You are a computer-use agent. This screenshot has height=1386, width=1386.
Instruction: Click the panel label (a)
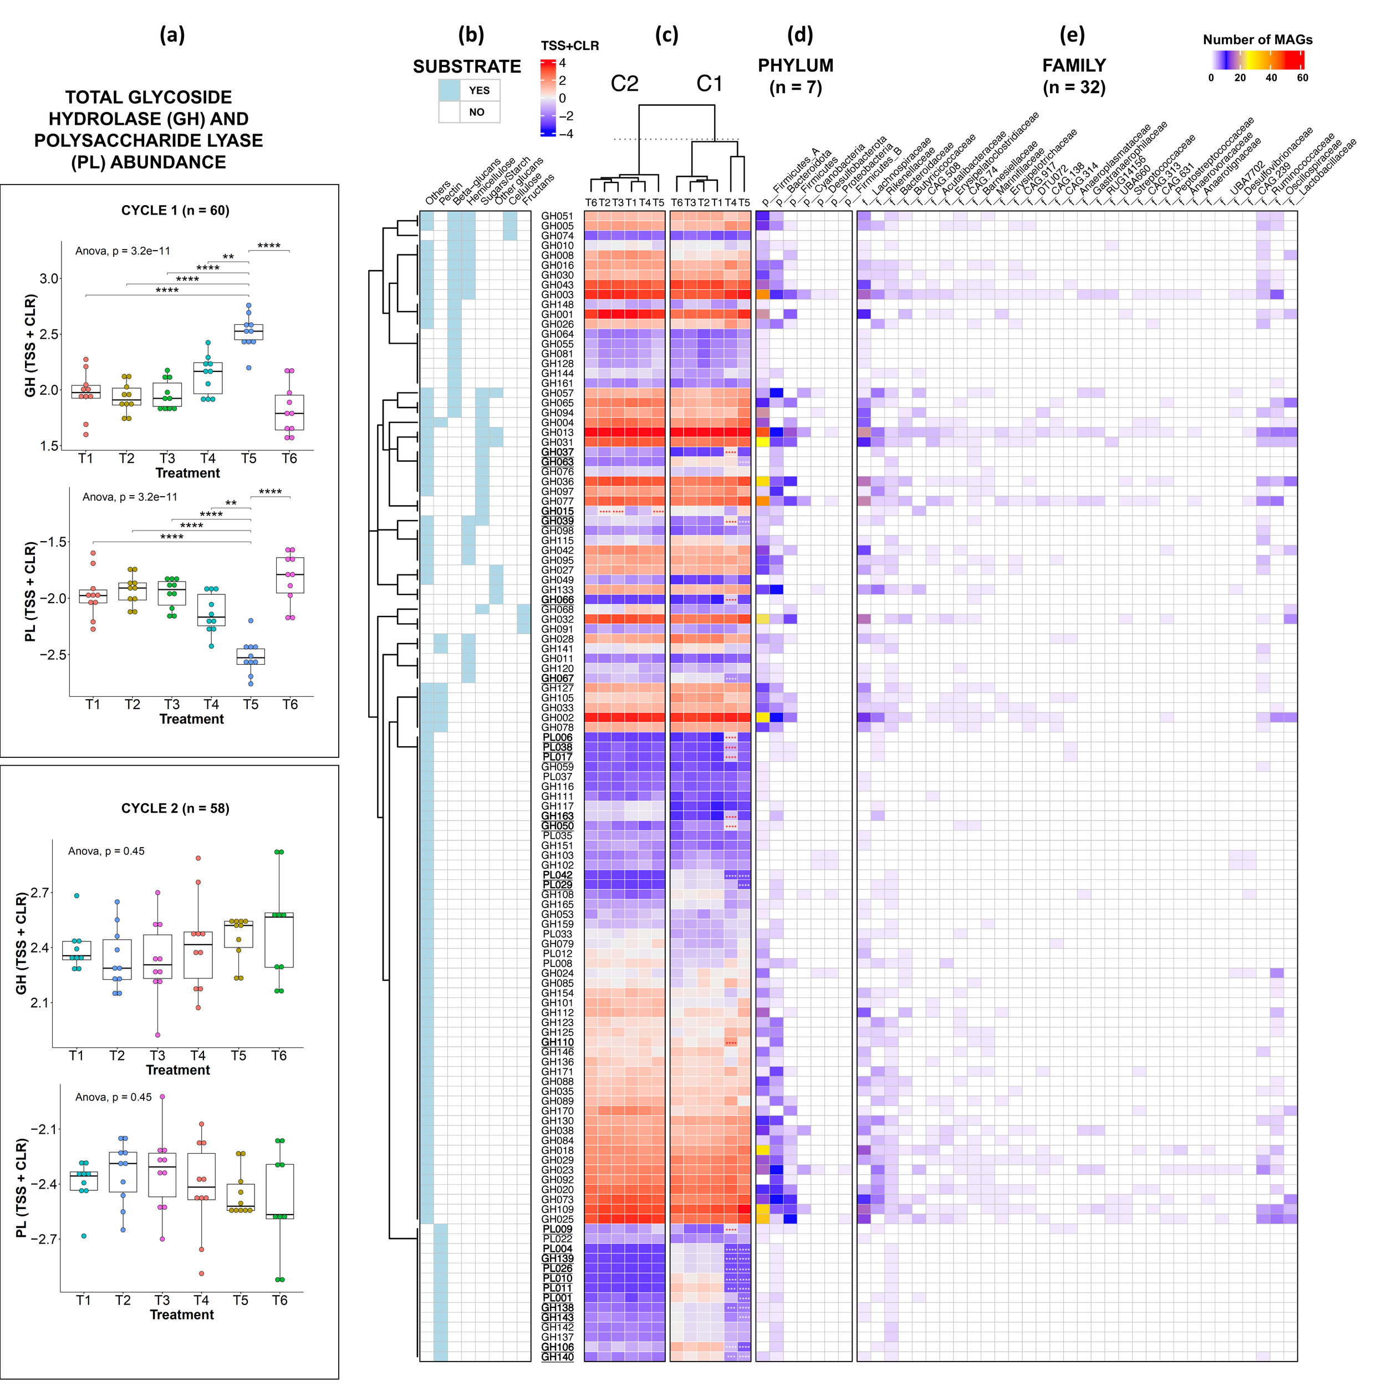pos(172,34)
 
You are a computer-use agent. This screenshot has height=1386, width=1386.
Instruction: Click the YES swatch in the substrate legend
pos(449,90)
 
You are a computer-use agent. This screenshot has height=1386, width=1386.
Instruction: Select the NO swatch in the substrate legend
pos(449,112)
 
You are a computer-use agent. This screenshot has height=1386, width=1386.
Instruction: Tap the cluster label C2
pos(624,84)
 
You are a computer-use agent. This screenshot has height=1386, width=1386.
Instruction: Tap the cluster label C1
pos(709,84)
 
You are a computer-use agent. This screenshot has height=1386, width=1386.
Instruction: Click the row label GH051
pos(557,216)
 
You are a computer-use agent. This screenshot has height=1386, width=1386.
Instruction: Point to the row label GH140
pos(557,1357)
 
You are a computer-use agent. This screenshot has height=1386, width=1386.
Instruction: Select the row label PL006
pos(557,737)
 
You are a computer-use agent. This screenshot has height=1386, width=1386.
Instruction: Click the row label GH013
pos(557,432)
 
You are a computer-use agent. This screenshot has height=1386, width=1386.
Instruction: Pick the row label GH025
pos(557,1219)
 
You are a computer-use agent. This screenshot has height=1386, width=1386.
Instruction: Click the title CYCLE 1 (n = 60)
pos(175,210)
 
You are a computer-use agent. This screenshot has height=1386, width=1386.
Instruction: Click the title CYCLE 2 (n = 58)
pos(175,808)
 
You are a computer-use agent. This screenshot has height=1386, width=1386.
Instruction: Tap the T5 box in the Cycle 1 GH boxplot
pos(248,332)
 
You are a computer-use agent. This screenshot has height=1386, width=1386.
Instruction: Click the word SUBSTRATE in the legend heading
pos(467,67)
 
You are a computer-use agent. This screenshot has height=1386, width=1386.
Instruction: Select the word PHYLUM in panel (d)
pos(796,65)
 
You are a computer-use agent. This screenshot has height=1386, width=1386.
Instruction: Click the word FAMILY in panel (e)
pos(1074,65)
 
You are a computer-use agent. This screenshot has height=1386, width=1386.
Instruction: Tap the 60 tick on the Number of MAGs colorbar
pos(1302,78)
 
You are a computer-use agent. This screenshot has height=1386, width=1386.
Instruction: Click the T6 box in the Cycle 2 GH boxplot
pos(279,940)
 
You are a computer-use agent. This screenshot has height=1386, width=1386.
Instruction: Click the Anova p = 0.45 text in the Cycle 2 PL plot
pos(113,1097)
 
